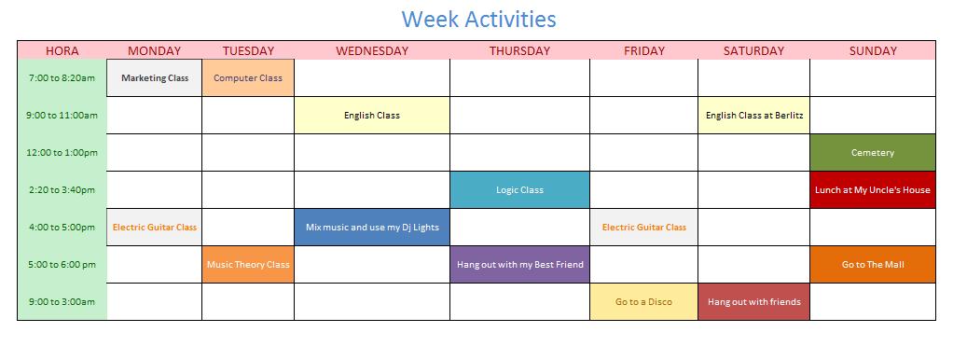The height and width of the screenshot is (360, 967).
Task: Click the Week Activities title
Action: tap(478, 19)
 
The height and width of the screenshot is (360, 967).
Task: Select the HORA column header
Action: tap(62, 51)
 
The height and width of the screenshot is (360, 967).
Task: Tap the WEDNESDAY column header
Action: tap(372, 51)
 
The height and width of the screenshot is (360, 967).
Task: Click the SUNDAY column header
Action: tap(873, 51)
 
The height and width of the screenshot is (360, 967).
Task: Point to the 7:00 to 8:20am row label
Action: tap(62, 78)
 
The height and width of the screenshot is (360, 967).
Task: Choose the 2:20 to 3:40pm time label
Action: tap(62, 190)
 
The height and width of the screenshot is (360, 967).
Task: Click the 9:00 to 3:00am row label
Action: tap(62, 302)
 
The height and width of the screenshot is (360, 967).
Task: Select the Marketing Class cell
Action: tap(155, 78)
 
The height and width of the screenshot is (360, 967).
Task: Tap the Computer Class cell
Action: tap(248, 78)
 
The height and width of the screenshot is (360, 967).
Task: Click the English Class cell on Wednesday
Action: tap(372, 116)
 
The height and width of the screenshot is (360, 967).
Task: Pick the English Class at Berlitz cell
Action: tap(754, 116)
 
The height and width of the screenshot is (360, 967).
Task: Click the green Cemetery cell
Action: tap(873, 153)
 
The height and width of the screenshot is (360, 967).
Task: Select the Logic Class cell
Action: tap(519, 190)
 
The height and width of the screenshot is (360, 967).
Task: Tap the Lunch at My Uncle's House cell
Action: tap(873, 190)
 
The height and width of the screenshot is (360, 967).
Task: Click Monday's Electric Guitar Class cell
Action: tap(155, 228)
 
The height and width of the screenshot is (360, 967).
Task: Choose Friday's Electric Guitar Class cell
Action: tap(644, 228)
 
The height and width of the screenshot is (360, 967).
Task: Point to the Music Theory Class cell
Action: tap(248, 265)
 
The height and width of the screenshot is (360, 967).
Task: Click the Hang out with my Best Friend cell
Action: tap(519, 265)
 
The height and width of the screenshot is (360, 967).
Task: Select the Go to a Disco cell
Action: tap(644, 302)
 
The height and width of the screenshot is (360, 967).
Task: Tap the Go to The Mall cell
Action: tap(873, 265)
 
